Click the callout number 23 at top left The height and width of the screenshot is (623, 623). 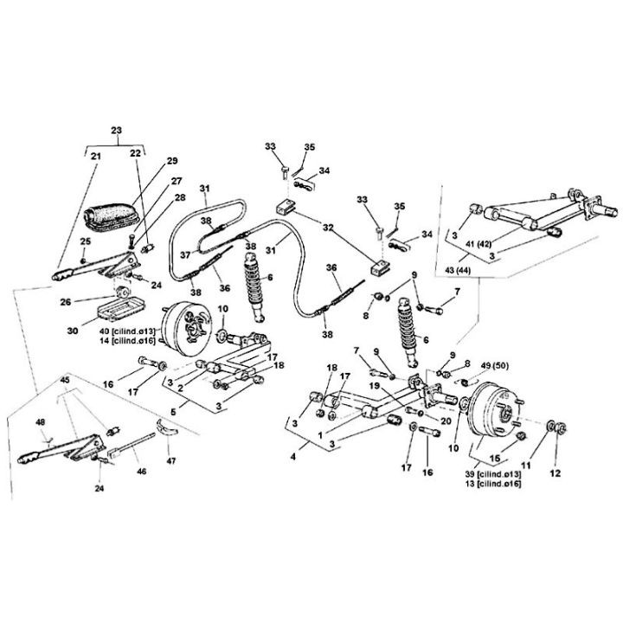pyautogui.click(x=116, y=132)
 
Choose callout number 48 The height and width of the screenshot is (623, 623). pyautogui.click(x=39, y=422)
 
